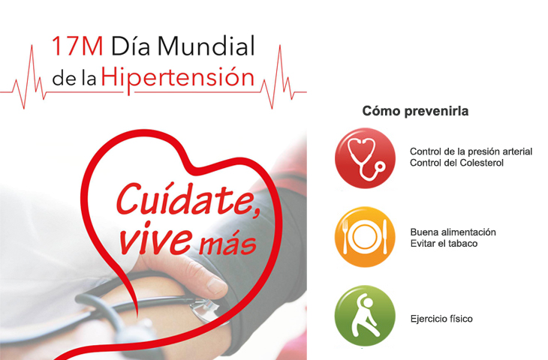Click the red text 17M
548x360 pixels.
pyautogui.click(x=77, y=46)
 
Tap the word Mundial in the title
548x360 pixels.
pyautogui.click(x=206, y=46)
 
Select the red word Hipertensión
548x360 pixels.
pyautogui.click(x=178, y=79)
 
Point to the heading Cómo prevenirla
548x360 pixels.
pyautogui.click(x=415, y=111)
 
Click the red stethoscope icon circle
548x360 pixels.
pyautogui.click(x=365, y=158)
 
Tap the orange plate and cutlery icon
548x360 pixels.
pyautogui.click(x=365, y=237)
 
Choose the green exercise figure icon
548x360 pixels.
pyautogui.click(x=365, y=316)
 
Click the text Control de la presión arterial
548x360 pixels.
pyautogui.click(x=471, y=151)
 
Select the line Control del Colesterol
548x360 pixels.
pyautogui.click(x=456, y=163)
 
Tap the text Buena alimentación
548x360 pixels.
pyautogui.click(x=453, y=232)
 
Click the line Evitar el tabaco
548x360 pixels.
pyautogui.click(x=444, y=244)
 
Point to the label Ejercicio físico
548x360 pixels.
pyautogui.click(x=441, y=319)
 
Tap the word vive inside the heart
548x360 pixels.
pyautogui.click(x=155, y=238)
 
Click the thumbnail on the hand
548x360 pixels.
pyautogui.click(x=216, y=285)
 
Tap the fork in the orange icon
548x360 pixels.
pyautogui.click(x=345, y=237)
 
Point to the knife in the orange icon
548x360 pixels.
pyautogui.click(x=385, y=237)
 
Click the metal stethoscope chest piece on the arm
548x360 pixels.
pyautogui.click(x=205, y=310)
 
